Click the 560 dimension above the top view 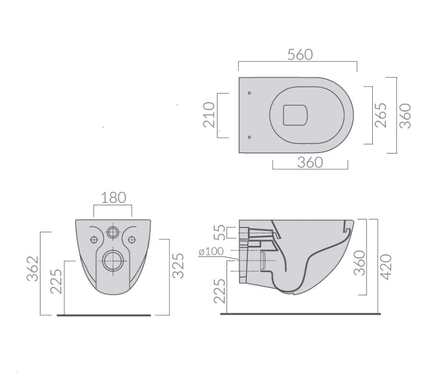coord(300,55)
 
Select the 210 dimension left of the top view coord(209,115)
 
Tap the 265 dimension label coord(381,115)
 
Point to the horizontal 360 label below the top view coord(310,163)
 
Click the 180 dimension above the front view coord(113,198)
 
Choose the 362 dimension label coord(32,269)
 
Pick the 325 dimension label coord(178,266)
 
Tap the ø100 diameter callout coord(211,251)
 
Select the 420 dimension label coord(385,267)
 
